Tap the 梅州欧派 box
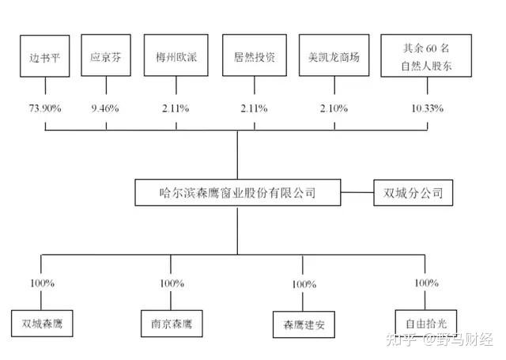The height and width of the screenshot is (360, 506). tap(172, 58)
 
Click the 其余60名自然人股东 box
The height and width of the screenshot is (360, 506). tap(419, 57)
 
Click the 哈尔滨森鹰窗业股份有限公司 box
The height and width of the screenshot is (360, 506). tap(237, 192)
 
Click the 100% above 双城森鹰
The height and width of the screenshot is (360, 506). tap(43, 283)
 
